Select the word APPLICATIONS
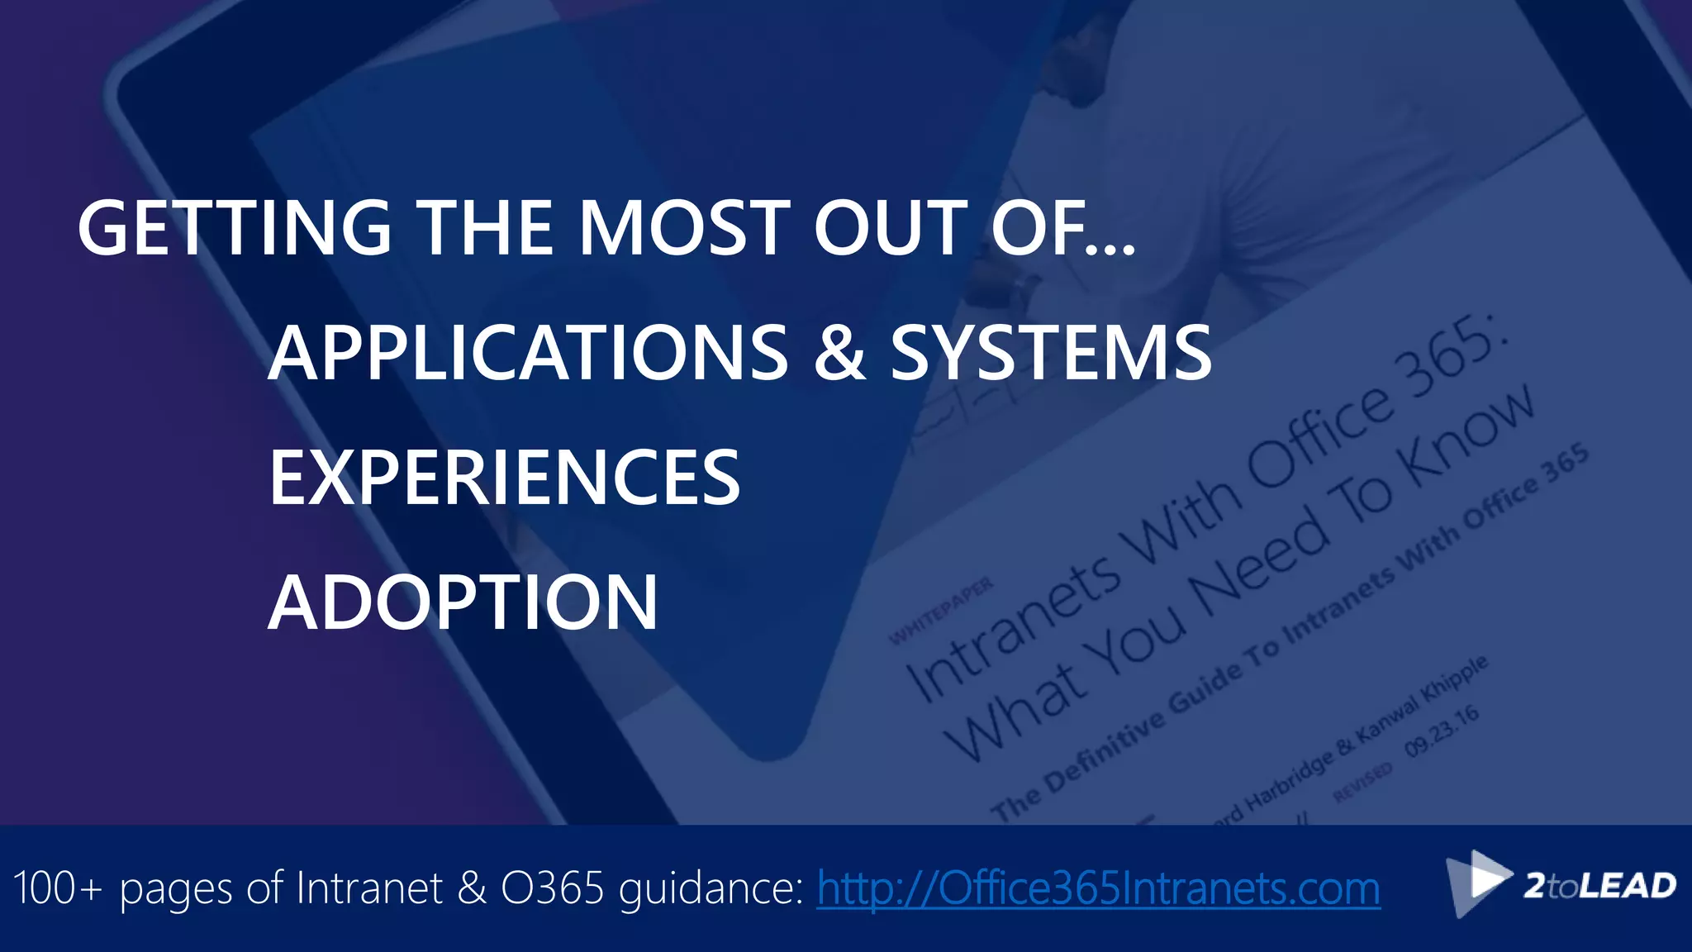point(528,353)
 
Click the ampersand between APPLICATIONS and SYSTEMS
point(839,353)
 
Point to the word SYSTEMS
point(1051,353)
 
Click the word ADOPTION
point(463,602)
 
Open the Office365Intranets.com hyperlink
point(1098,888)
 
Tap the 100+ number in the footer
point(58,888)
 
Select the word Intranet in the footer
point(369,888)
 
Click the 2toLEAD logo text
point(1599,886)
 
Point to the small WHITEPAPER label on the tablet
point(941,612)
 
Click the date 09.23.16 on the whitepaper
point(1442,731)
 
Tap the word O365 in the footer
point(553,888)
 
